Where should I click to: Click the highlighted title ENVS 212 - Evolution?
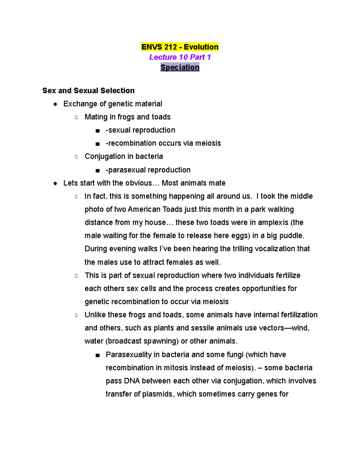(180, 47)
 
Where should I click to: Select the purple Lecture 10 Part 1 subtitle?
(180, 57)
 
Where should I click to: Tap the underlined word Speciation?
(180, 68)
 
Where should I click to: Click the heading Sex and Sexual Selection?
(88, 91)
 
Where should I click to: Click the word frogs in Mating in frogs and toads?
(126, 117)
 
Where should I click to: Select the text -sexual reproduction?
(140, 130)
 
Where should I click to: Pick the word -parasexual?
(126, 170)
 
